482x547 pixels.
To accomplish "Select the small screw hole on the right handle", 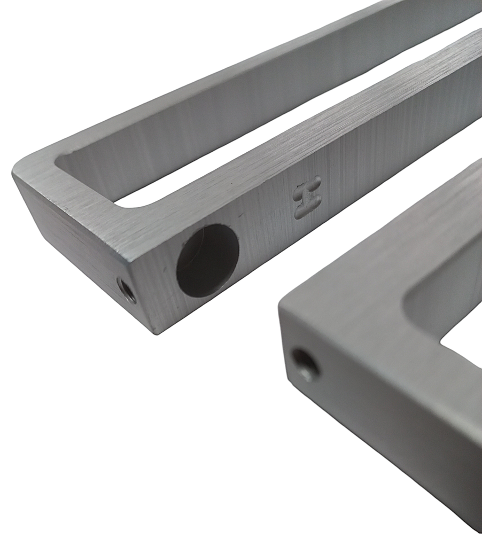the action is (306, 366).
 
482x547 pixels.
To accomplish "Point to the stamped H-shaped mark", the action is (307, 198).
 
